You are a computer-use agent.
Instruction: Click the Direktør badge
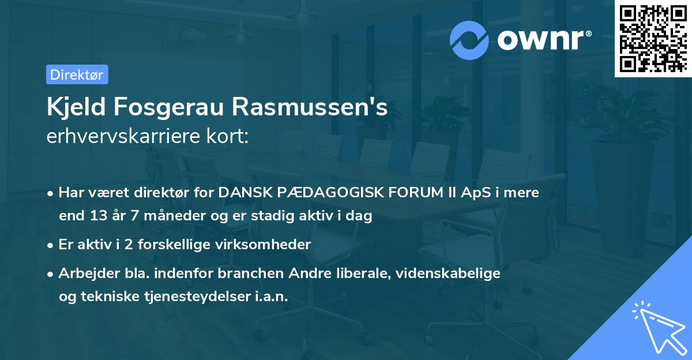tap(77, 74)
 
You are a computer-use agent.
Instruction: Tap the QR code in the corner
tap(653, 38)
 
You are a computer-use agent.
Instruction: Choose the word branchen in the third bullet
tap(240, 273)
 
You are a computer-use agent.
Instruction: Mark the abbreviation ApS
tap(468, 193)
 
